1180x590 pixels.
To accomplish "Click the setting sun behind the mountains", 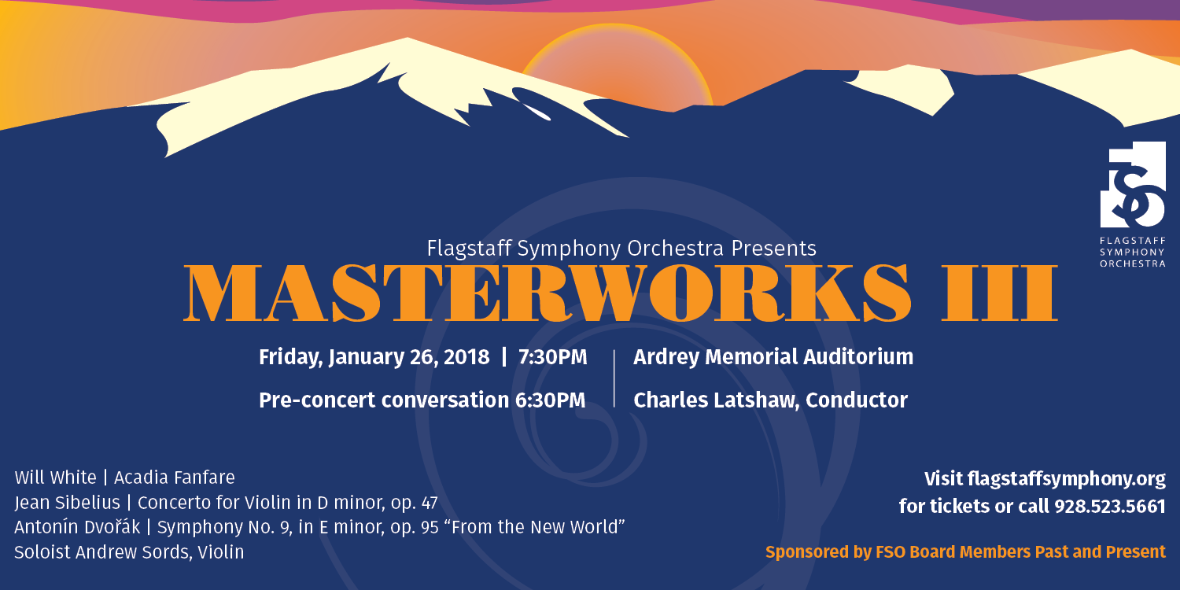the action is coord(616,66).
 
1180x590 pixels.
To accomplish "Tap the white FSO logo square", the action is coord(1133,184).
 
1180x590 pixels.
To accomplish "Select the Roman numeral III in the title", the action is coord(999,293).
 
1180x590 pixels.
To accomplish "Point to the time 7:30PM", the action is coord(552,357).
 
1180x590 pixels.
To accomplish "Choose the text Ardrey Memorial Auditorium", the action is coord(773,357).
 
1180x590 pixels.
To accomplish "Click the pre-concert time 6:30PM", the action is coord(550,400).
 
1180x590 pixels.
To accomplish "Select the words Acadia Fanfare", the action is coord(175,478).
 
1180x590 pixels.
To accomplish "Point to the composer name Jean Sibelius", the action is coord(68,503).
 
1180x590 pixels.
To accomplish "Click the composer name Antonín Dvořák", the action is coord(77,527).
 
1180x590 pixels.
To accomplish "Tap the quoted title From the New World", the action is coord(538,527).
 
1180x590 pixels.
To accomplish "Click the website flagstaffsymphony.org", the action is coord(1066,479).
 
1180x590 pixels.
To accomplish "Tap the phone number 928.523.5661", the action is coord(1109,507).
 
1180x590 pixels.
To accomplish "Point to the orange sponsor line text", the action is coord(965,552).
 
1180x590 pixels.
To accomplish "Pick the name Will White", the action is coord(55,478).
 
